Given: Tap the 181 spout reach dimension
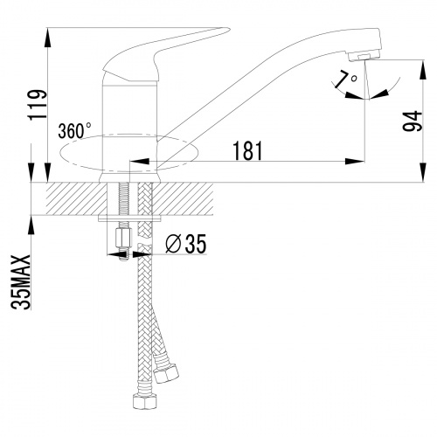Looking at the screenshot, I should click(x=249, y=151).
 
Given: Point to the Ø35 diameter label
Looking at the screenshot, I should click(x=184, y=246).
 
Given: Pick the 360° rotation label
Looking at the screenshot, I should click(x=74, y=131).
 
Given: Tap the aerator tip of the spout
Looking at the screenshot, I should click(x=371, y=52).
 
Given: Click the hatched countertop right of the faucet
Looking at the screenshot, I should click(x=184, y=200).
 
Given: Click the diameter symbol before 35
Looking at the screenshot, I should click(x=171, y=246).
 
